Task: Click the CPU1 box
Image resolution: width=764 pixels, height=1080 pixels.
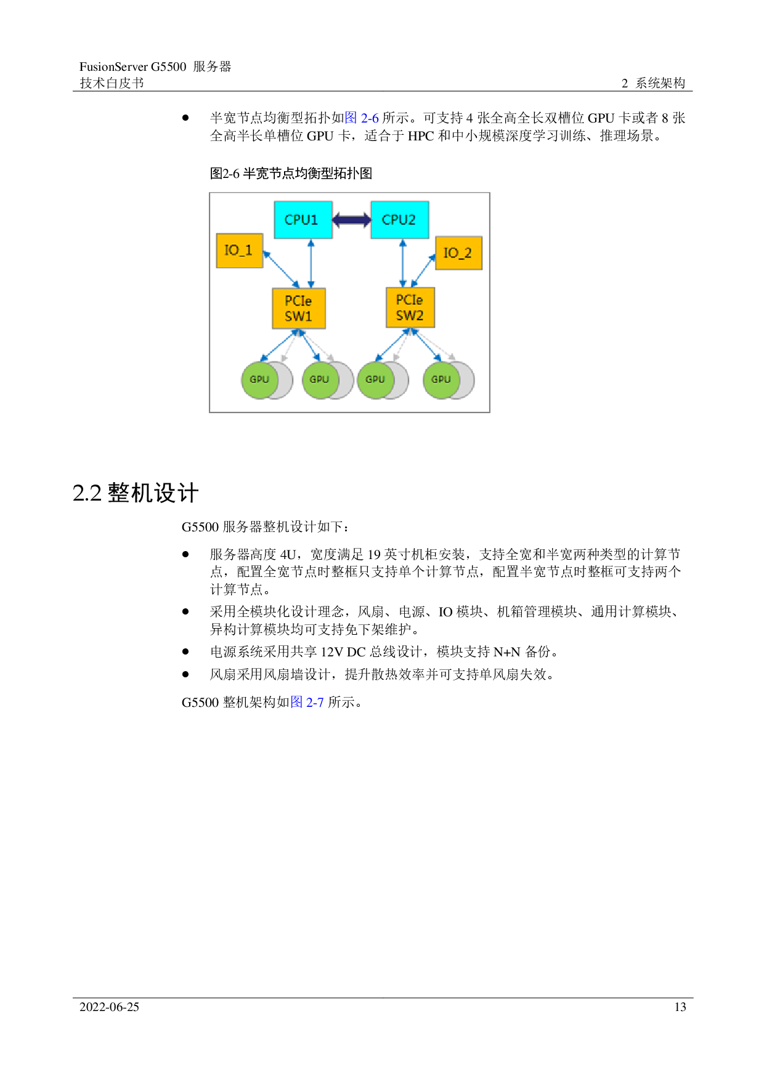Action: click(x=303, y=220)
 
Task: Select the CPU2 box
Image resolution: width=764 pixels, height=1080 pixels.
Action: click(x=399, y=220)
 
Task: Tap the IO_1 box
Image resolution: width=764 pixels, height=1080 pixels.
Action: click(x=240, y=251)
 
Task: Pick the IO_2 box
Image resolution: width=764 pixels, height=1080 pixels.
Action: click(x=458, y=253)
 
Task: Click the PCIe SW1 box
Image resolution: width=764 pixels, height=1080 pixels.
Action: click(x=299, y=308)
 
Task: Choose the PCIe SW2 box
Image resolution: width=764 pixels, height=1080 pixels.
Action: click(x=410, y=307)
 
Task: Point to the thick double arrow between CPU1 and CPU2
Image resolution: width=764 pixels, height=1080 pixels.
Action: click(x=351, y=220)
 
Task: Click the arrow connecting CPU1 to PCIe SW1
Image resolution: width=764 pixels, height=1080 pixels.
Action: click(x=311, y=264)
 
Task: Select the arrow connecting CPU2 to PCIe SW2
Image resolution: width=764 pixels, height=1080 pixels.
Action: click(x=403, y=264)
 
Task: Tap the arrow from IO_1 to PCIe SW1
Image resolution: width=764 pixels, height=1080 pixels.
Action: click(x=281, y=269)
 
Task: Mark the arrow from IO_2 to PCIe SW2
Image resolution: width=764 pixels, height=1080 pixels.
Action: click(x=423, y=270)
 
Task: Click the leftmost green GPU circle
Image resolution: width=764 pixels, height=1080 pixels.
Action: click(x=259, y=380)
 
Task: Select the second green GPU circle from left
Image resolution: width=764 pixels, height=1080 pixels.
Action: click(x=319, y=380)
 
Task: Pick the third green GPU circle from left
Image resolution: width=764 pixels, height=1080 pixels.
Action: click(x=375, y=380)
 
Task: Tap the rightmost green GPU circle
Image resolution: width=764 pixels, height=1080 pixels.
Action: click(x=441, y=380)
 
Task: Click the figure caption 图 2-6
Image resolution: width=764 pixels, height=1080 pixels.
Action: click(x=362, y=118)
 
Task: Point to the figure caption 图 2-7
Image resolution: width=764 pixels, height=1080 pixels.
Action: click(x=307, y=703)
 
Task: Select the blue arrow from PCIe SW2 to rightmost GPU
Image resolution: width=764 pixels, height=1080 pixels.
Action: click(x=426, y=345)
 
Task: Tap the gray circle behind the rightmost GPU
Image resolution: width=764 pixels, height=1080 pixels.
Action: click(x=467, y=380)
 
